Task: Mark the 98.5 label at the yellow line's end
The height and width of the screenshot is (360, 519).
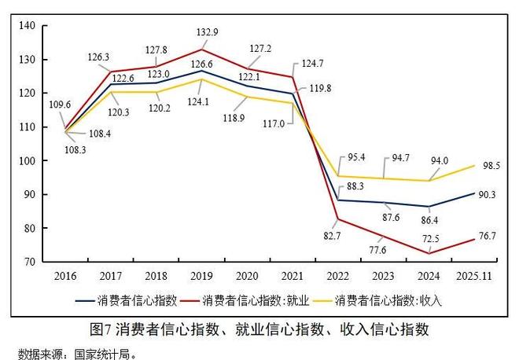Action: point(494,167)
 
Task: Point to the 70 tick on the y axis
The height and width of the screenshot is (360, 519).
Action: point(29,263)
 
